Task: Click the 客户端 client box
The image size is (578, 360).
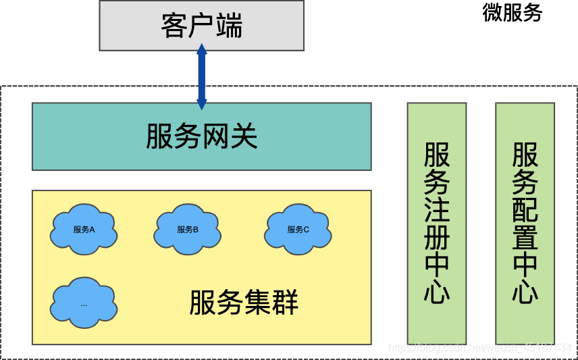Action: tap(201, 26)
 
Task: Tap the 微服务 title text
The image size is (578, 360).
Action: tap(513, 12)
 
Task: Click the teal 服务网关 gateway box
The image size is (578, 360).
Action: tap(201, 136)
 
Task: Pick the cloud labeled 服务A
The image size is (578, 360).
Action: tap(84, 230)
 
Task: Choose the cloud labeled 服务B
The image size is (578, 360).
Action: tap(188, 230)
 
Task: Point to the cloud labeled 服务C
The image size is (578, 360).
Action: tap(298, 230)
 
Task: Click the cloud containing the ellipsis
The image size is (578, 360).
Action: tap(84, 303)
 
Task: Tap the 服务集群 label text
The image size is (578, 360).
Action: tap(244, 303)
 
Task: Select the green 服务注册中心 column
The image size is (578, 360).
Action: tap(437, 223)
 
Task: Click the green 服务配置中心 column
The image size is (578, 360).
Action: tap(525, 223)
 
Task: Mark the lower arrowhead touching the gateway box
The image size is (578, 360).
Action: tap(201, 104)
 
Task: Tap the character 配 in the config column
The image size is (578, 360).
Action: tap(525, 209)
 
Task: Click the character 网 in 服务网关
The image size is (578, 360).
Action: tap(215, 136)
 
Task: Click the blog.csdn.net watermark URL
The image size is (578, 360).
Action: tap(479, 348)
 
